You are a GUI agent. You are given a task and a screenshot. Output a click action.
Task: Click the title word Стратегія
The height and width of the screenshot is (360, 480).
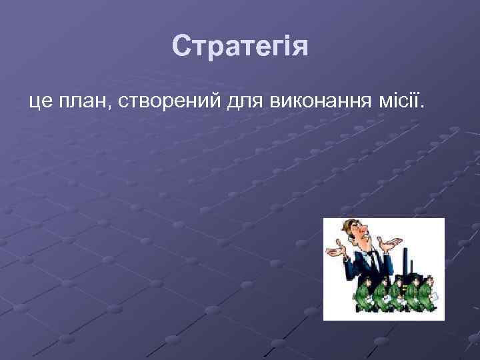pos(240,47)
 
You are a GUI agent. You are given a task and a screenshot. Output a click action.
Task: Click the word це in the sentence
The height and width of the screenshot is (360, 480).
pos(40,102)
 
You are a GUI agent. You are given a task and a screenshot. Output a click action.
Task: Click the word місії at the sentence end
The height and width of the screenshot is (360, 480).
pos(401,102)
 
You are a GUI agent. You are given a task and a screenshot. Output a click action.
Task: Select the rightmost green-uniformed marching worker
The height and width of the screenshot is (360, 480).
pos(427,293)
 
